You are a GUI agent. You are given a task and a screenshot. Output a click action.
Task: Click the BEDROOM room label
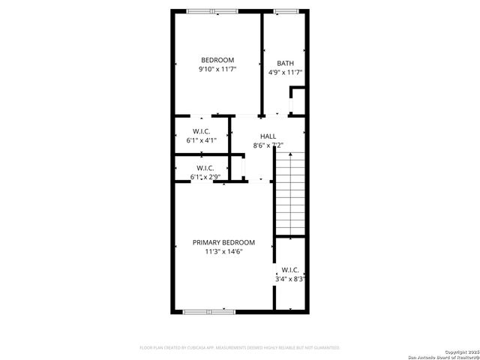click(x=217, y=60)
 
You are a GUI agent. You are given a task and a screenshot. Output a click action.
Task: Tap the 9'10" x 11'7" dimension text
click(x=217, y=70)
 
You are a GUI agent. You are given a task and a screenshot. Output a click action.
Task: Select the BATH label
click(x=285, y=63)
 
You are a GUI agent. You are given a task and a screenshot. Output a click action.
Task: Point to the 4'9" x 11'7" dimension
click(x=285, y=73)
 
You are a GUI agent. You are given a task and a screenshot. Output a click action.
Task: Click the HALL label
click(x=268, y=136)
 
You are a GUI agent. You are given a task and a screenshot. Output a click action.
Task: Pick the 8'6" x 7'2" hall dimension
click(x=268, y=145)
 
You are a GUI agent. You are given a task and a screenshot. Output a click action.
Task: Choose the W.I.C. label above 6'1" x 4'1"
click(x=202, y=130)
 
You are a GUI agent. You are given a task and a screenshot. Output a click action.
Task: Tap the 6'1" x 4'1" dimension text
click(x=202, y=140)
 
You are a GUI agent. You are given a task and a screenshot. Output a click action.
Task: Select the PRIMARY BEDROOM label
click(x=223, y=242)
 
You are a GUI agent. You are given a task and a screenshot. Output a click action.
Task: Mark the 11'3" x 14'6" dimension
click(x=223, y=252)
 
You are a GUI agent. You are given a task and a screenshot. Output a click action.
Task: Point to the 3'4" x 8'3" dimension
click(x=290, y=279)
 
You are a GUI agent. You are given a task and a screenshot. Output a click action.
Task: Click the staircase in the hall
click(x=289, y=193)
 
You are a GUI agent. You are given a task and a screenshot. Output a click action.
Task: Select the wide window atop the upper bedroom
click(x=212, y=10)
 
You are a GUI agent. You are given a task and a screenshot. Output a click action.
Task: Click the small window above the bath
click(x=285, y=10)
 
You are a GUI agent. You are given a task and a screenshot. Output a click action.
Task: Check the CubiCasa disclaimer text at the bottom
click(x=240, y=348)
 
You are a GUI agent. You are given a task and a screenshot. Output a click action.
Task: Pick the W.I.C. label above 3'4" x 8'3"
click(x=290, y=269)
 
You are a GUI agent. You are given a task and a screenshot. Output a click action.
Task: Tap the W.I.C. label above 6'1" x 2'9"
click(x=205, y=167)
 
